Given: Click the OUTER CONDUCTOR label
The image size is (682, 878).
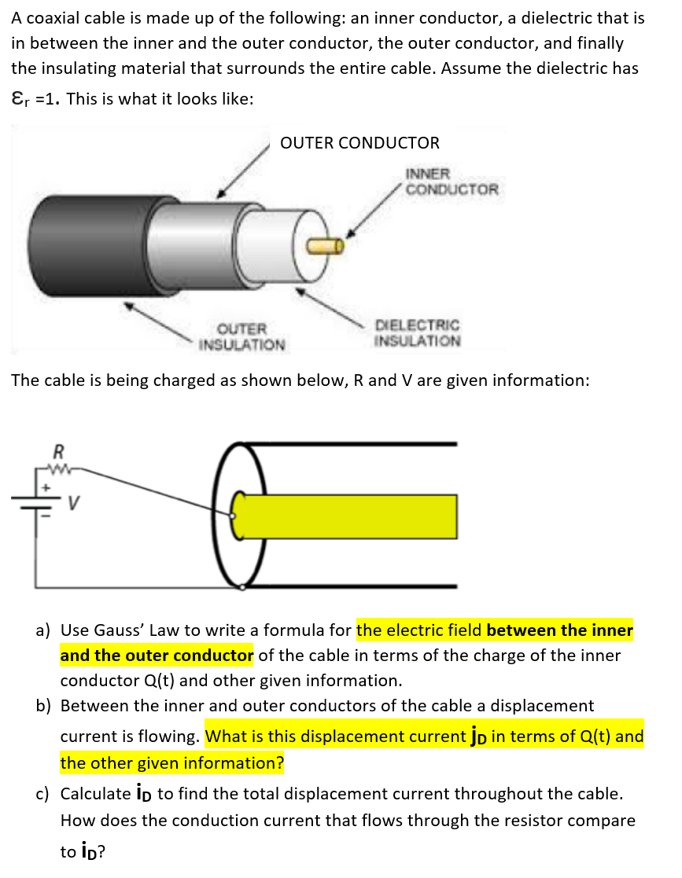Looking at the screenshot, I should coord(359,143).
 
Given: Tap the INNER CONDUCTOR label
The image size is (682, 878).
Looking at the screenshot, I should coord(451,182).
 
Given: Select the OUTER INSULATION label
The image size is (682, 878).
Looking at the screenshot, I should coord(241,336).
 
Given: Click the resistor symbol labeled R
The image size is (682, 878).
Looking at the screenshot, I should coord(57,469).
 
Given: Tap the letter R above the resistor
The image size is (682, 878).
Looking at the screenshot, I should coord(57,452).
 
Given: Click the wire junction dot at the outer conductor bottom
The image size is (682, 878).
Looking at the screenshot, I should coord(242,586).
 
